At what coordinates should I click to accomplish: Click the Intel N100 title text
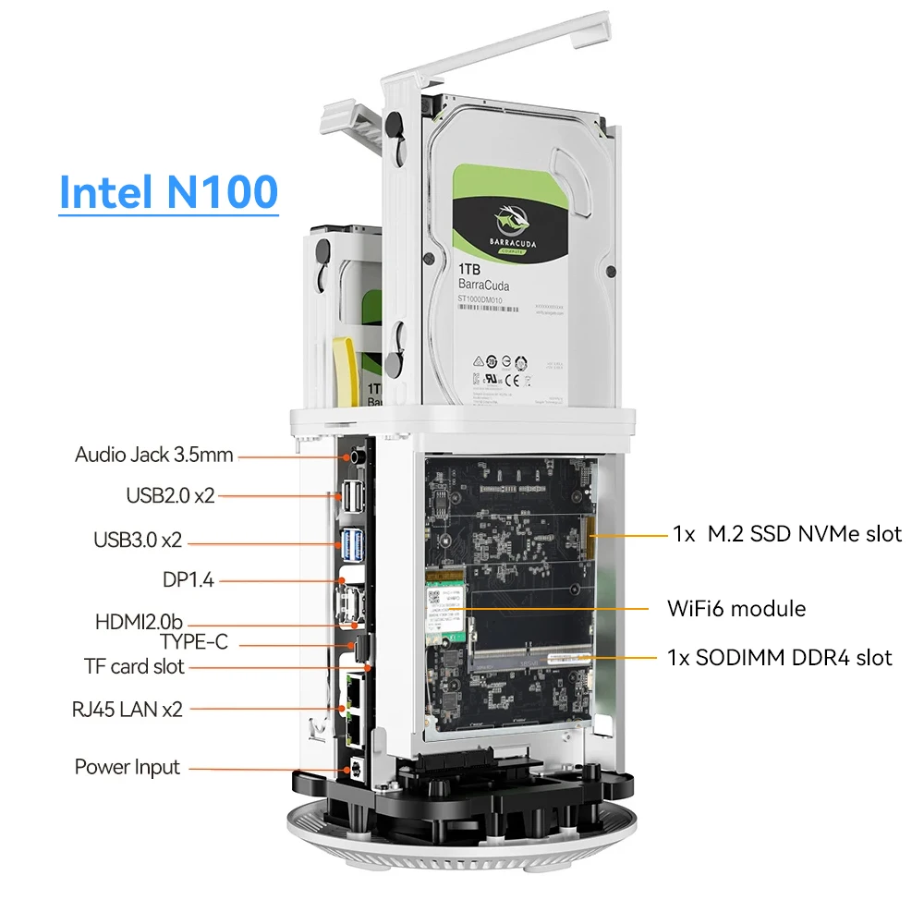pyautogui.click(x=168, y=191)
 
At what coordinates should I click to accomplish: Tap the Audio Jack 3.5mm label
pyautogui.click(x=154, y=455)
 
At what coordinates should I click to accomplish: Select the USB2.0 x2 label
pyautogui.click(x=170, y=495)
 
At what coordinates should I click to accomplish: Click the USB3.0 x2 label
pyautogui.click(x=151, y=540)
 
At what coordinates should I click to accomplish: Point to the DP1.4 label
pyautogui.click(x=188, y=580)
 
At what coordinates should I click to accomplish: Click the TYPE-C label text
pyautogui.click(x=193, y=642)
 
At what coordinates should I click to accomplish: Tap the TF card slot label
pyautogui.click(x=135, y=666)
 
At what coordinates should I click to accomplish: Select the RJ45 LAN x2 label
pyautogui.click(x=128, y=710)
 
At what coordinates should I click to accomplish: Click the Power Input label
pyautogui.click(x=128, y=767)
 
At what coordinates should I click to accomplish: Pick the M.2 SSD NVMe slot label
pyautogui.click(x=786, y=533)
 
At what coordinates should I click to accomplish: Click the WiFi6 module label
pyautogui.click(x=736, y=608)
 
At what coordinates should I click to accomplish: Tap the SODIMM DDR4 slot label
pyautogui.click(x=780, y=657)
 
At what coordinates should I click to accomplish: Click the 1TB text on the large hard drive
pyautogui.click(x=472, y=269)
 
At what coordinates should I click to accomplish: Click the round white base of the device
pyautogui.click(x=462, y=845)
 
